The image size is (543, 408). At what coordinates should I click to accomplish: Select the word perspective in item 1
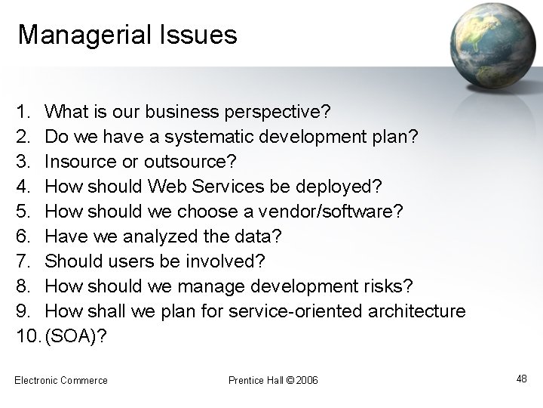click(276, 113)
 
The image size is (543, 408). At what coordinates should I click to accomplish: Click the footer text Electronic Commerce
click(61, 380)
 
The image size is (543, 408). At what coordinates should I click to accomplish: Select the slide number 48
click(521, 379)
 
